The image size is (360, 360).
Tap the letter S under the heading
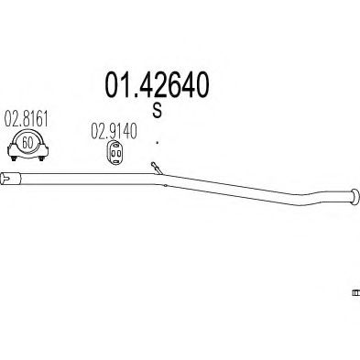tap(157, 111)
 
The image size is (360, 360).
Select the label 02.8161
tap(27, 119)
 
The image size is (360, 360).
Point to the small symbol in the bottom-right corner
tap(355, 293)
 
